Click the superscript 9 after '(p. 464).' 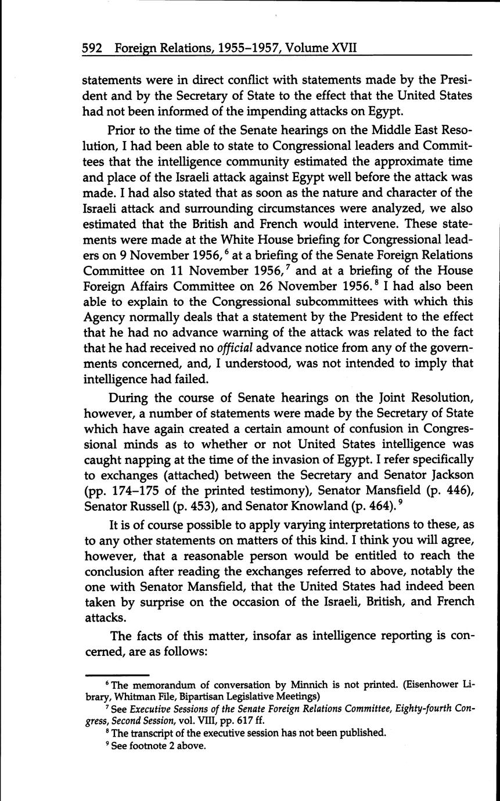[401, 501]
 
